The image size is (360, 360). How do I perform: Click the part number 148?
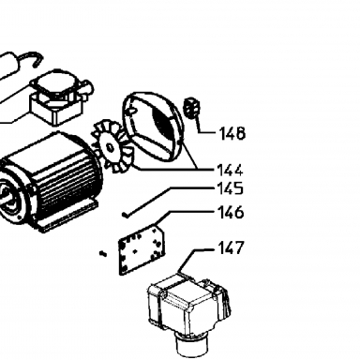tap(232, 133)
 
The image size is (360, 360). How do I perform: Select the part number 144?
tap(230, 171)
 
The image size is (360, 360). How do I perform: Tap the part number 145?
tap(230, 188)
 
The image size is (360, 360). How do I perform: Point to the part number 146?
tap(231, 212)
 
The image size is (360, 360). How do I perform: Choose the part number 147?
tap(231, 247)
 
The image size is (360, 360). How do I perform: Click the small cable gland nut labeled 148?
tap(191, 107)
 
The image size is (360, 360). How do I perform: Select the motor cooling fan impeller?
tap(111, 147)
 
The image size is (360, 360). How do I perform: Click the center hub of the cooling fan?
tap(110, 147)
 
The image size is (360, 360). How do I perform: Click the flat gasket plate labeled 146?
tap(142, 250)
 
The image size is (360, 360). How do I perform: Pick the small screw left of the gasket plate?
tap(103, 253)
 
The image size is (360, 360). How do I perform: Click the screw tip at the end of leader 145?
tap(125, 215)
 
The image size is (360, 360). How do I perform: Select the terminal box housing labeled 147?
tap(187, 303)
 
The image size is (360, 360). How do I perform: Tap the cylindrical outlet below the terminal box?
tap(191, 345)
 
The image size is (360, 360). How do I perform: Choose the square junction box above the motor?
tap(59, 97)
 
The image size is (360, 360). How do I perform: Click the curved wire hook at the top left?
tap(30, 58)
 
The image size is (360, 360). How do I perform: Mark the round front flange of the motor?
tap(12, 197)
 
